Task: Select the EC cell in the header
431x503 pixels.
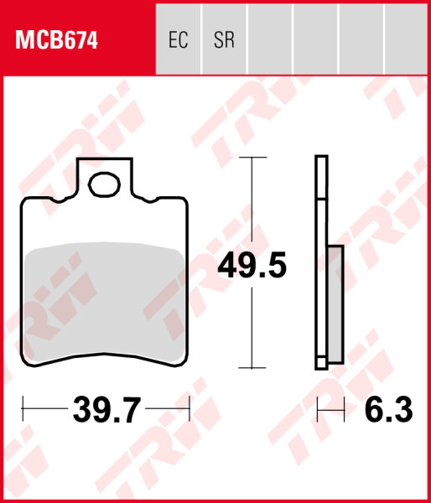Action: pyautogui.click(x=178, y=39)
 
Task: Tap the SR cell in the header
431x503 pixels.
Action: pyautogui.click(x=224, y=39)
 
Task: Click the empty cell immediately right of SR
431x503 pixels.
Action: pyautogui.click(x=269, y=39)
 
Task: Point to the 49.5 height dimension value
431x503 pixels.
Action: pyautogui.click(x=252, y=266)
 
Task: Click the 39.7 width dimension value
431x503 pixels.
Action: pyautogui.click(x=106, y=411)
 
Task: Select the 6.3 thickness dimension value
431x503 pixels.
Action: pyautogui.click(x=388, y=411)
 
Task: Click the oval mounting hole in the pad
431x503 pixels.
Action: pyautogui.click(x=106, y=184)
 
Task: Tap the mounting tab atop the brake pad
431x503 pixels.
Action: pyautogui.click(x=106, y=177)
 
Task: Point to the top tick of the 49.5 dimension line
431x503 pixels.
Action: pyautogui.click(x=252, y=157)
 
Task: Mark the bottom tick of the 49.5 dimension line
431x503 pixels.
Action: pyautogui.click(x=252, y=367)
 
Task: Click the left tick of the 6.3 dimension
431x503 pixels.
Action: pyautogui.click(x=317, y=410)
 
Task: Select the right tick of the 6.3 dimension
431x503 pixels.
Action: pyautogui.click(x=344, y=410)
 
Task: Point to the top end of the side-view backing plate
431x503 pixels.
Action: pyautogui.click(x=320, y=158)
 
